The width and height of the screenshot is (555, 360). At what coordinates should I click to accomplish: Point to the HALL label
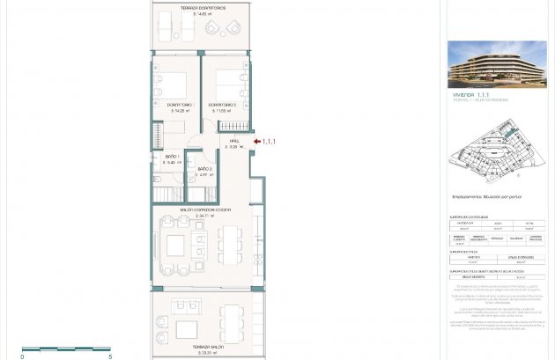pos(234,141)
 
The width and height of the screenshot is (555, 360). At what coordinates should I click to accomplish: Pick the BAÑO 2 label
pos(205,168)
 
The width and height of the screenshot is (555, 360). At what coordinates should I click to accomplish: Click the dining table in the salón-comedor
pos(232,244)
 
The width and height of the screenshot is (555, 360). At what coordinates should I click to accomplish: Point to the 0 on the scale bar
pos(23,356)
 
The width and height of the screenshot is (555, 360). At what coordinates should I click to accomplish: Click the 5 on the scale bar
pos(110,356)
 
